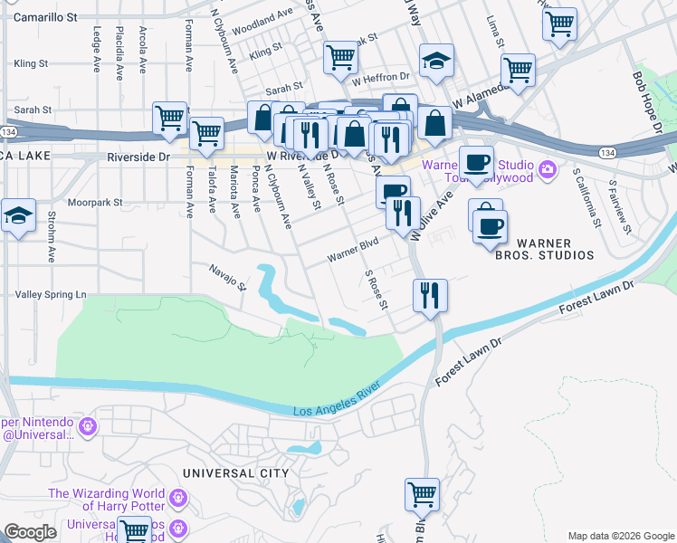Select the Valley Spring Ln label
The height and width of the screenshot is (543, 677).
point(51,295)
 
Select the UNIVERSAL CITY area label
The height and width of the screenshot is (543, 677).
point(235,473)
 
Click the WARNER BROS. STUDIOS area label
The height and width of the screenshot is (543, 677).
point(555,249)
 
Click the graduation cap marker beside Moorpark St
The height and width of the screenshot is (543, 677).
point(18,217)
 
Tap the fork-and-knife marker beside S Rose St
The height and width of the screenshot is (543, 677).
point(429,295)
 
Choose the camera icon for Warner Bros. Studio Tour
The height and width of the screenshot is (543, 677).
point(547,169)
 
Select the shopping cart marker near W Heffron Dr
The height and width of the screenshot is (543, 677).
point(340,58)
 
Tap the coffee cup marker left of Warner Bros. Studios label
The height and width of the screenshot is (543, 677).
point(490,226)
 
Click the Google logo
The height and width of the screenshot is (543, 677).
point(30,532)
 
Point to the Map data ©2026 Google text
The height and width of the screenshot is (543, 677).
point(620,536)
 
